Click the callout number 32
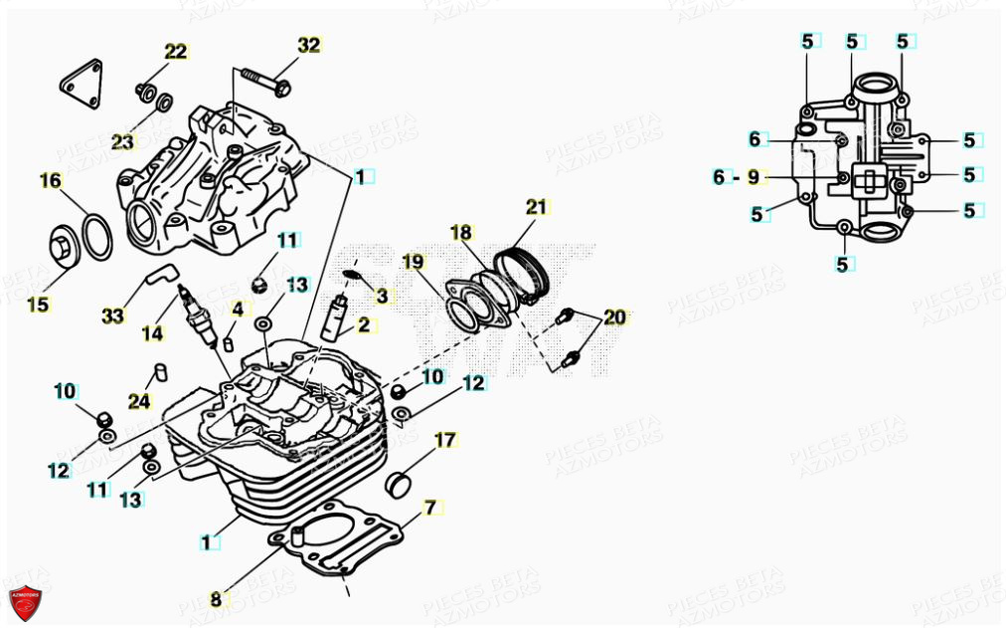(309, 45)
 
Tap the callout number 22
(175, 52)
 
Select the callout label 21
(537, 207)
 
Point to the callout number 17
(444, 439)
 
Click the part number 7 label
(429, 508)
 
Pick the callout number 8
(216, 599)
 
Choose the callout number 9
(754, 177)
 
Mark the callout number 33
(113, 315)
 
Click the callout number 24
(140, 401)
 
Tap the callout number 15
(38, 305)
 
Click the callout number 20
(615, 317)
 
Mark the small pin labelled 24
(156, 374)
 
